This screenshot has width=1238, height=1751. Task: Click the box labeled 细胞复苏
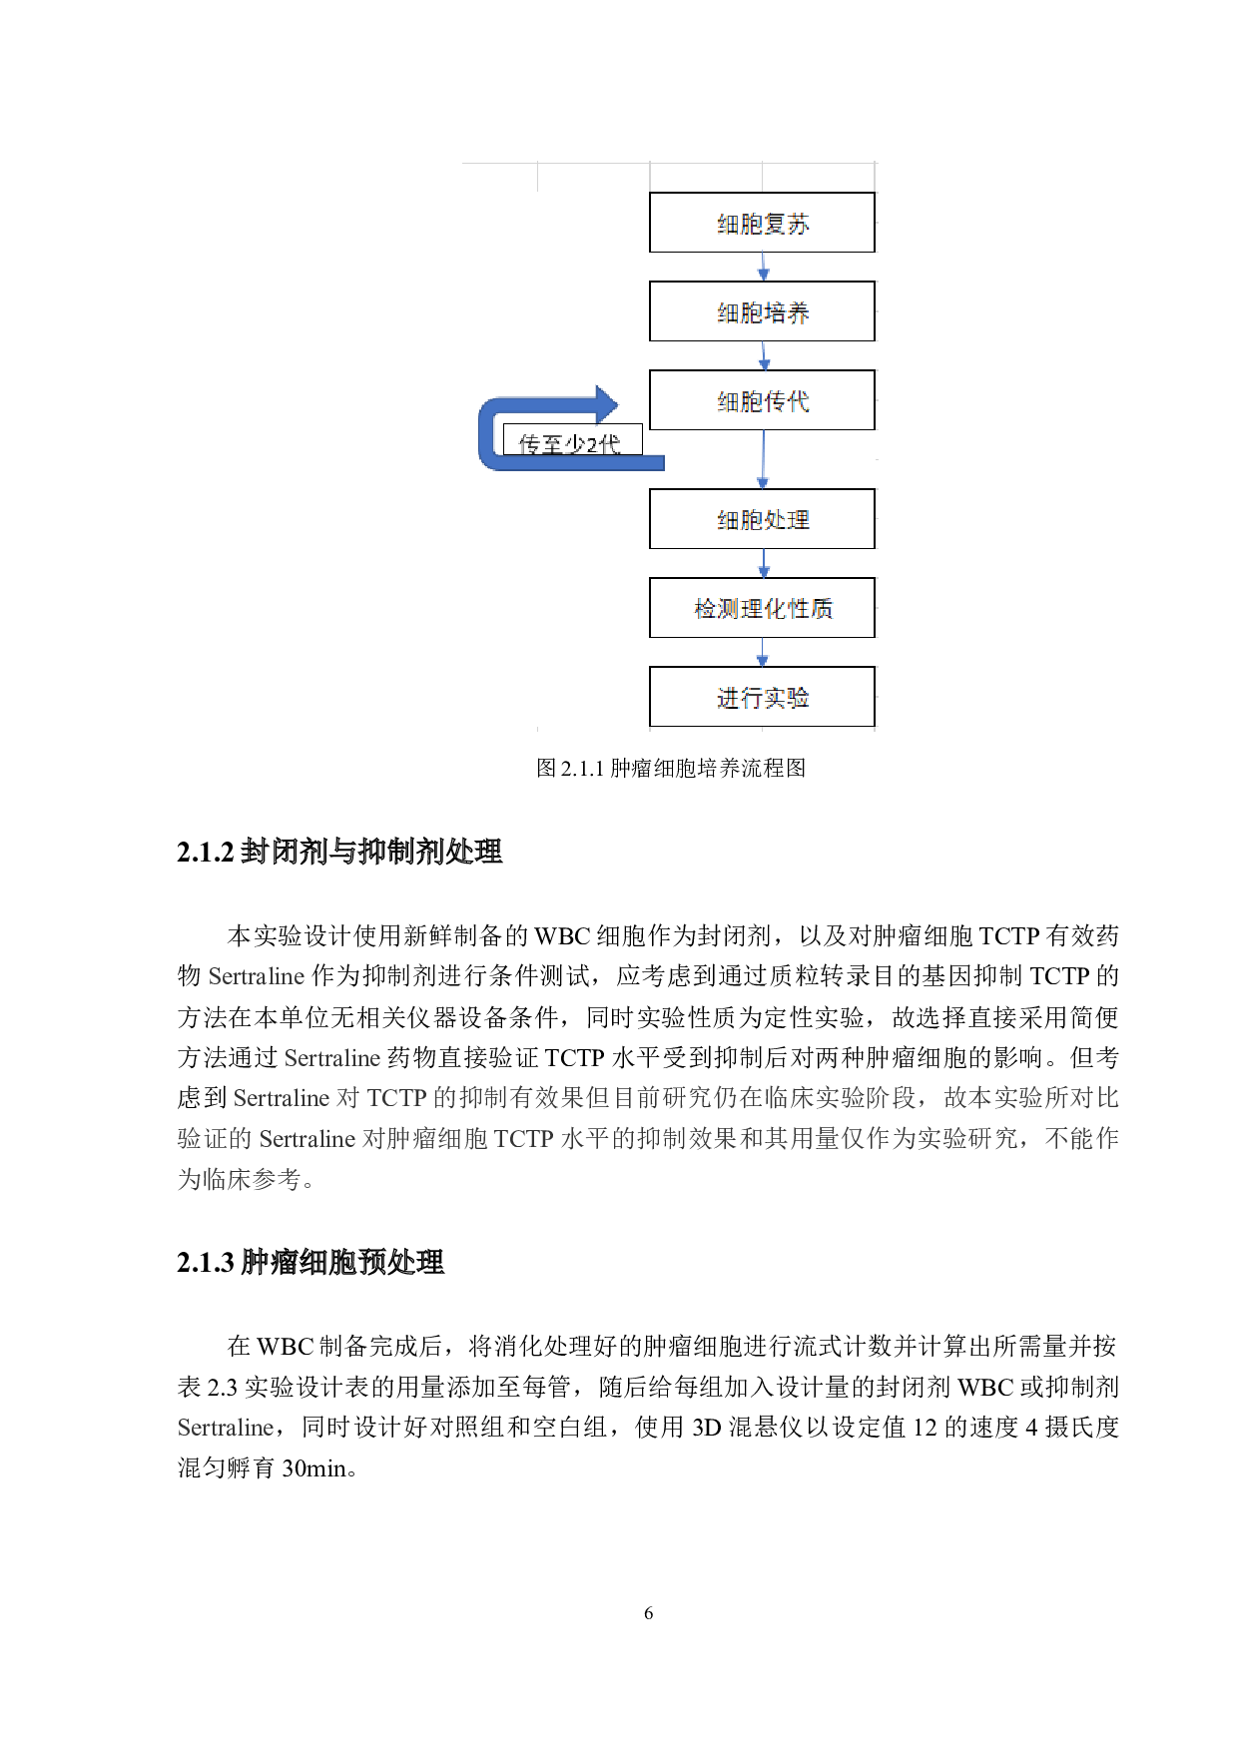click(762, 223)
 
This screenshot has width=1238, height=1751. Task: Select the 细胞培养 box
click(762, 311)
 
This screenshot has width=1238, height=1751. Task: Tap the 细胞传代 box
click(762, 400)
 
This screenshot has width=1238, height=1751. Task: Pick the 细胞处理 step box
click(762, 519)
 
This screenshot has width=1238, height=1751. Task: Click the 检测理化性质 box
click(762, 608)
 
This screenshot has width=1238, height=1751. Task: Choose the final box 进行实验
click(762, 697)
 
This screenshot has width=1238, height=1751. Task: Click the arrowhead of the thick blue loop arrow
click(606, 404)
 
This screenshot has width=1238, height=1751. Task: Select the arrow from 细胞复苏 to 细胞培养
click(764, 267)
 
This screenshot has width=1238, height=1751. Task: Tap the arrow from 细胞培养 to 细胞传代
click(764, 355)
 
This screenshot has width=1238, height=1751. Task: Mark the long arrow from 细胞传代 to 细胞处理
click(763, 459)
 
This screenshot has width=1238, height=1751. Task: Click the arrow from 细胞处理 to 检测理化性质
click(764, 563)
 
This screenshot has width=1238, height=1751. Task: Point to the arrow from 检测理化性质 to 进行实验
click(763, 652)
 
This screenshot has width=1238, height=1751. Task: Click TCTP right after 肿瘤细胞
click(523, 1139)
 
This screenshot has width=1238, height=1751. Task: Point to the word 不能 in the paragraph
click(1069, 1139)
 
